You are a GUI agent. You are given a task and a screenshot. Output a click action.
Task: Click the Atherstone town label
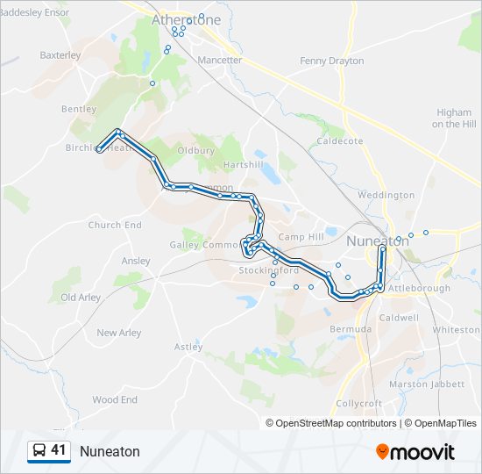coord(185,18)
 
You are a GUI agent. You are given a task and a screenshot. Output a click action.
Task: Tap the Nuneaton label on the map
coord(378,240)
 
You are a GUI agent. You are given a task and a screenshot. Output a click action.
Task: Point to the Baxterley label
coord(60,54)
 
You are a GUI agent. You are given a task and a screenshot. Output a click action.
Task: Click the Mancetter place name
coord(219,60)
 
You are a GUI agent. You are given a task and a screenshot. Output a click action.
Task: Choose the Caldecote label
coord(340,140)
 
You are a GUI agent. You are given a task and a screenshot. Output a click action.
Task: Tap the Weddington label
coord(386,195)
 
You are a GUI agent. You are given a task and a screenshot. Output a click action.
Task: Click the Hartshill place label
coord(243,165)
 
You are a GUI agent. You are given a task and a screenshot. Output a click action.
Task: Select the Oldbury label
coord(195,150)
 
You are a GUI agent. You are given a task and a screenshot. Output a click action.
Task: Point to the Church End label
coord(115,225)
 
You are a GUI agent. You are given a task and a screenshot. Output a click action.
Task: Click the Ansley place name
coord(136,261)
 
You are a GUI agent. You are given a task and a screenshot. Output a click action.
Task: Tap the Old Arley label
coord(81,298)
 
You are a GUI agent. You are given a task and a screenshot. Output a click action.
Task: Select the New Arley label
coord(118,333)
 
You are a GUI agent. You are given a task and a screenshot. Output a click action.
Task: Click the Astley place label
coord(188,347)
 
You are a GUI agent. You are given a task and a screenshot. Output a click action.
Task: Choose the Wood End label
coord(115,399)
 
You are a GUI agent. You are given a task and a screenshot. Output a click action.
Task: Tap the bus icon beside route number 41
coord(39,451)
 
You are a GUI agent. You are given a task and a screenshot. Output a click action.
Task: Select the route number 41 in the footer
coord(59,450)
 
